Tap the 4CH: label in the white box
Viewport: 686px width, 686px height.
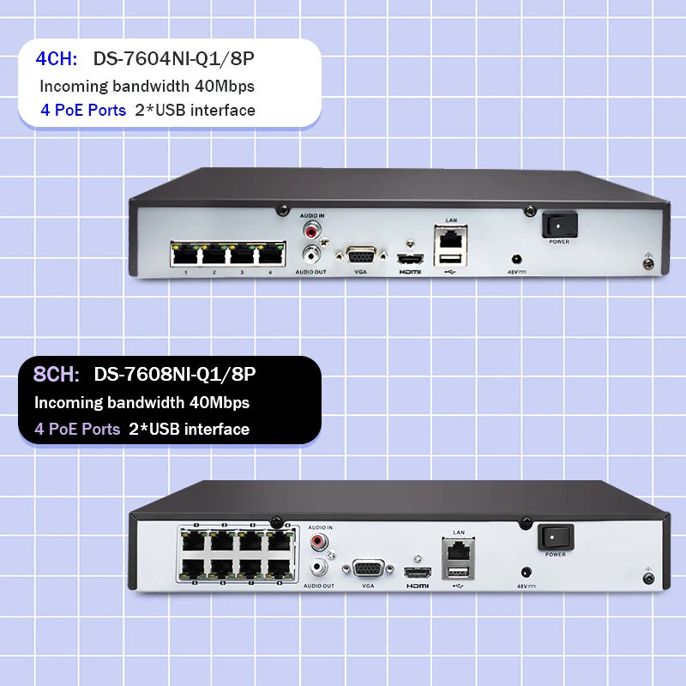coord(56,58)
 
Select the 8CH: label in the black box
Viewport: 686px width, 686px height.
coord(57,375)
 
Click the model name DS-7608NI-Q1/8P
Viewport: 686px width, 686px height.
coord(175,375)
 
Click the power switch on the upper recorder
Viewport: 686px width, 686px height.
coord(559,225)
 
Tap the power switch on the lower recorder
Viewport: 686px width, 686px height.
coord(555,538)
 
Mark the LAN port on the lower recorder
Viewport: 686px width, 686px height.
coord(458,548)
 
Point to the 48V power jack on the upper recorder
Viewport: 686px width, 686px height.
coord(517,258)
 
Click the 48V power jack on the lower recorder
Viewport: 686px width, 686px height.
coord(525,573)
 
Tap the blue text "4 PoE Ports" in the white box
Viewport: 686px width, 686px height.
coord(83,110)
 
